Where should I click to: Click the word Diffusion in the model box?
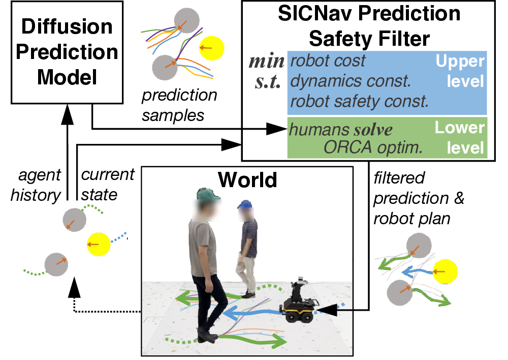[67, 26]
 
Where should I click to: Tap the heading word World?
[247, 179]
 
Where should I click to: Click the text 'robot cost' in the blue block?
[328, 61]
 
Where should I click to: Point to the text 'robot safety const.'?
[359, 102]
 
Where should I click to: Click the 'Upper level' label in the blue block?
[460, 71]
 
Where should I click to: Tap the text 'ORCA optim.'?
[373, 147]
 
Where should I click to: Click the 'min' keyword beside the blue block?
[267, 61]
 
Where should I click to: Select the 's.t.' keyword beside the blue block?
[268, 81]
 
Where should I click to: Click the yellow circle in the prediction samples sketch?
[211, 48]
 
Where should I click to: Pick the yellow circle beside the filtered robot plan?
[445, 272]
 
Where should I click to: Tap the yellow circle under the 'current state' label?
[99, 244]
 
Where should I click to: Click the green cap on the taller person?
[208, 194]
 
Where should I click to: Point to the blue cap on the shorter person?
[245, 204]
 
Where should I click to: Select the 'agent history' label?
[36, 185]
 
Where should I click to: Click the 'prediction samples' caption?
[179, 105]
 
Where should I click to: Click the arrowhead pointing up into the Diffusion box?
[68, 114]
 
